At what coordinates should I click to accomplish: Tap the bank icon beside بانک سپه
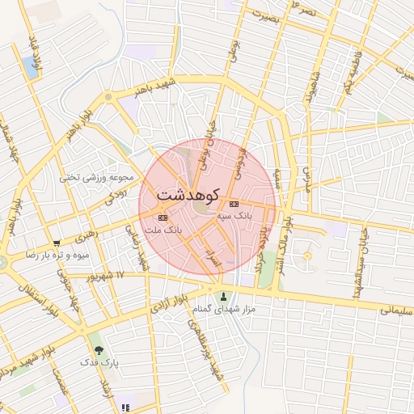pyautogui.click(x=234, y=204)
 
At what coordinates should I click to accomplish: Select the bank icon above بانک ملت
pyautogui.click(x=164, y=217)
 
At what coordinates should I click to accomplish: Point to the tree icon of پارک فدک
pyautogui.click(x=99, y=350)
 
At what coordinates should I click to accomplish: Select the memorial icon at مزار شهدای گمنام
pyautogui.click(x=224, y=296)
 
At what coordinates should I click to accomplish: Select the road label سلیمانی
pyautogui.click(x=396, y=308)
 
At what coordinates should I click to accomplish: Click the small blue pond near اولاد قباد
pyautogui.click(x=32, y=67)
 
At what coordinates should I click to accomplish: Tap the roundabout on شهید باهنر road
pyautogui.click(x=108, y=98)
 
